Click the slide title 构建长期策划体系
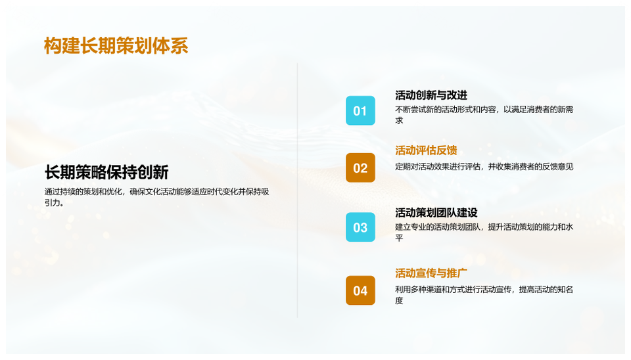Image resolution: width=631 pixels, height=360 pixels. coord(116,46)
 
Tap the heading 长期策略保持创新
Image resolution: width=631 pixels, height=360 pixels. coord(106,172)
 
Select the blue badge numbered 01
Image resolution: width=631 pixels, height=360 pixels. coord(360,110)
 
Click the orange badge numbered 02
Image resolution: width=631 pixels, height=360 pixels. coord(360,168)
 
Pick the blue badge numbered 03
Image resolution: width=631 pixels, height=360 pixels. coord(360,227)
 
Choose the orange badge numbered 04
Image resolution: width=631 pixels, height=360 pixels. coord(360,290)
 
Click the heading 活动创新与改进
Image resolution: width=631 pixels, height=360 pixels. coord(431,95)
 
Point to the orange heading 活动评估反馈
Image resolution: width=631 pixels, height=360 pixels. coord(426,150)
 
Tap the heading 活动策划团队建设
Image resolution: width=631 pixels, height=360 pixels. coord(436,213)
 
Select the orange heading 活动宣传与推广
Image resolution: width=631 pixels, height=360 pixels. coord(431,273)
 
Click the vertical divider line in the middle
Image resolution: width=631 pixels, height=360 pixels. coord(297,191)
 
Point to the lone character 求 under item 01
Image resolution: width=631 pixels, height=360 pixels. coord(399,120)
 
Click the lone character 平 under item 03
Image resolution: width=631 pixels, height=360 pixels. coord(399,238)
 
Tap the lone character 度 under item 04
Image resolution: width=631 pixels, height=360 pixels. coord(399,300)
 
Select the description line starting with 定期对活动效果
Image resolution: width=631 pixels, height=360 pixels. coord(484,166)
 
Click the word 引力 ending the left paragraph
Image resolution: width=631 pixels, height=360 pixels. coord(53,203)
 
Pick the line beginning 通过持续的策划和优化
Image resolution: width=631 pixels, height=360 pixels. coord(156,192)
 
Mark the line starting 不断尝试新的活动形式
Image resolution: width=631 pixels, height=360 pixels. coord(484,110)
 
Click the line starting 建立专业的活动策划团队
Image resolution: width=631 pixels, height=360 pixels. coord(484,227)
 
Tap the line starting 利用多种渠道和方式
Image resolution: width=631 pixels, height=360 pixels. coord(484,290)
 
